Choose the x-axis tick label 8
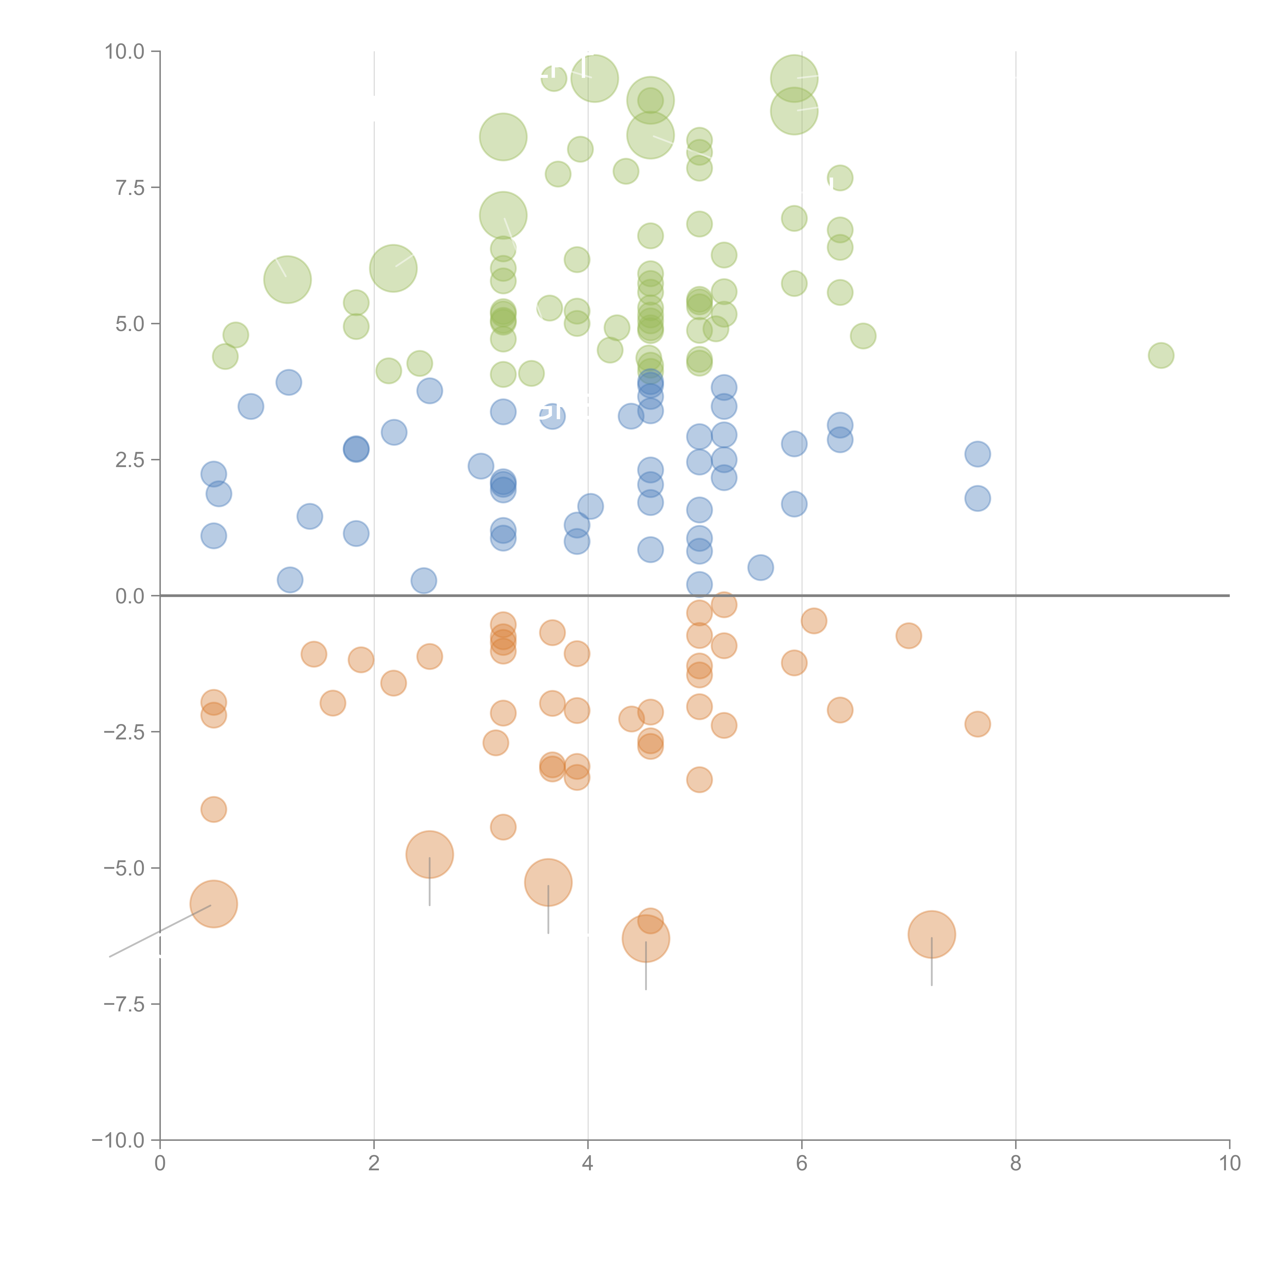(1015, 1164)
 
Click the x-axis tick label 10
(1229, 1164)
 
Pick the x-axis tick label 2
(374, 1164)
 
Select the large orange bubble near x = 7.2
(932, 934)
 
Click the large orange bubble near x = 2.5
(430, 855)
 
